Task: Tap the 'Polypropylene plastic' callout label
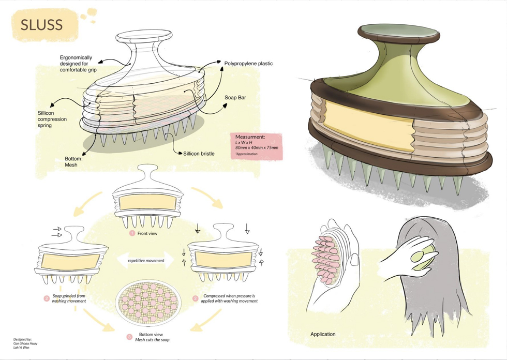[x=248, y=64]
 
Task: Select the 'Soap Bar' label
[x=234, y=97]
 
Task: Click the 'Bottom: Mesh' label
[x=74, y=162]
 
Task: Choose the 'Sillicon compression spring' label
[x=52, y=119]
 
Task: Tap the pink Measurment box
[x=257, y=145]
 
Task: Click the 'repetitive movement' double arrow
[x=146, y=260]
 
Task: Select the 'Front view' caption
[x=147, y=233]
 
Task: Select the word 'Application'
[x=323, y=334]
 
